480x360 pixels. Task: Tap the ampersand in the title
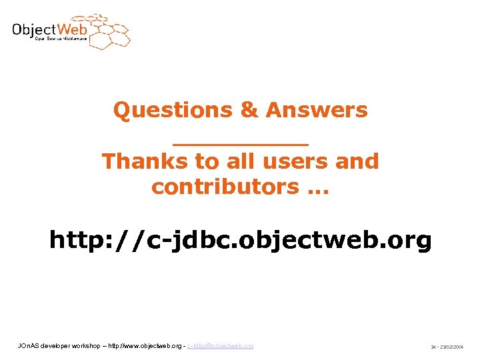pyautogui.click(x=249, y=110)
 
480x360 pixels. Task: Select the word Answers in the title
pyautogui.click(x=317, y=110)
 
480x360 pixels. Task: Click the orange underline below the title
pyautogui.click(x=241, y=143)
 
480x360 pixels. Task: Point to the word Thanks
pyautogui.click(x=137, y=161)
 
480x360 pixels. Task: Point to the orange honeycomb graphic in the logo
pyautogui.click(x=109, y=31)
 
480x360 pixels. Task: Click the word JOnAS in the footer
pyautogui.click(x=28, y=346)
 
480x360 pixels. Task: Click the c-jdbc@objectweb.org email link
pyautogui.click(x=221, y=346)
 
